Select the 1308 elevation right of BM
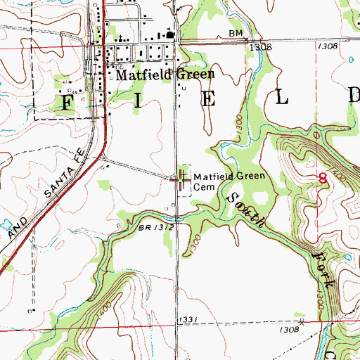coord(261,46)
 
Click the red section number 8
coord(323,178)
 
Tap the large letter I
coord(137,100)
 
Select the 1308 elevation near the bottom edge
coord(288,329)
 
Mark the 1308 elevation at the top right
coord(328,46)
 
